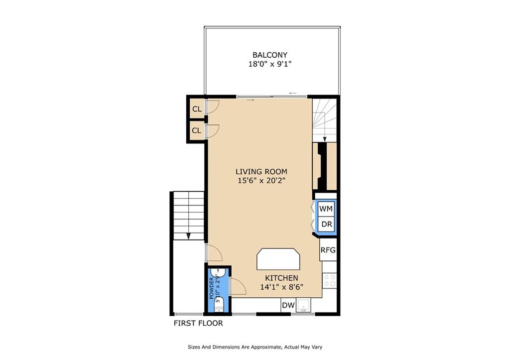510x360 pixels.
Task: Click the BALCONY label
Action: [x=269, y=55]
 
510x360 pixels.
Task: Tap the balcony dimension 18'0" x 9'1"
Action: [x=269, y=64]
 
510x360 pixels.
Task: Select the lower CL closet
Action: [x=196, y=130]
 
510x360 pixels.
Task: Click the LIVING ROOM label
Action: [x=261, y=172]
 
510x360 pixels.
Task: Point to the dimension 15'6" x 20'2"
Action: [x=261, y=181]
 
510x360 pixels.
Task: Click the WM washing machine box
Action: [x=326, y=208]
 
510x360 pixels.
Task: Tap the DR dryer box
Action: [x=326, y=225]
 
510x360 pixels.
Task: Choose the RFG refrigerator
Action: [x=328, y=250]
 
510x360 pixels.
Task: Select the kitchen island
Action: [x=279, y=259]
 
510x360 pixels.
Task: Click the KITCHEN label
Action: [x=281, y=278]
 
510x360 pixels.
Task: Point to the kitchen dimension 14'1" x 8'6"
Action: [x=281, y=287]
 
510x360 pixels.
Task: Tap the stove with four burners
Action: [x=329, y=281]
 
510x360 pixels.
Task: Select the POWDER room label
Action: [x=212, y=289]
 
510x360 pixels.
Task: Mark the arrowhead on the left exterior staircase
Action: [x=189, y=236]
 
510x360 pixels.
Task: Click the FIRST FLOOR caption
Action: [x=198, y=323]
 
